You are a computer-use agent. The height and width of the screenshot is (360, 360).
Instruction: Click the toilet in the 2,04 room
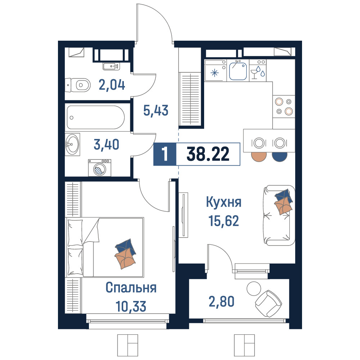78,85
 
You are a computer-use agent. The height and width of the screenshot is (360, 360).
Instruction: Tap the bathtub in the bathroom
95,117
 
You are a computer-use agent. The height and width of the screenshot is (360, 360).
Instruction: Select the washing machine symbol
100,168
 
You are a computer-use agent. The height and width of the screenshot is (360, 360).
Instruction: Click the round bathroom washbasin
72,144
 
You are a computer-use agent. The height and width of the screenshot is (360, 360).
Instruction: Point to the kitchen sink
238,71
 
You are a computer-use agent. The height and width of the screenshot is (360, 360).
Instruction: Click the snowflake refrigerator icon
215,73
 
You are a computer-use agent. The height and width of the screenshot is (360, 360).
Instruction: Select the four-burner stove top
284,107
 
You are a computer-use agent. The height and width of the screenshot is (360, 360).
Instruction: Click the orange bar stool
259,157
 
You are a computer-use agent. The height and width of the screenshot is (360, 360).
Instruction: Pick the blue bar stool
279,157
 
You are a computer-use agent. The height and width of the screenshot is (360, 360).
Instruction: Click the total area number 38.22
208,154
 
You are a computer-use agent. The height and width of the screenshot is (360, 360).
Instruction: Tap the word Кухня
224,202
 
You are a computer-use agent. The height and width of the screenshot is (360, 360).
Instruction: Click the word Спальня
131,287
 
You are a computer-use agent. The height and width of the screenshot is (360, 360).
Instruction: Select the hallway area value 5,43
156,110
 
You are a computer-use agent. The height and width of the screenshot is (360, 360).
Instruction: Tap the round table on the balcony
254,289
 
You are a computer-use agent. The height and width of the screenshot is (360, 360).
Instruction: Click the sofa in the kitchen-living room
279,215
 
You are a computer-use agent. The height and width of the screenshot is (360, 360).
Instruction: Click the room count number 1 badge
165,154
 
